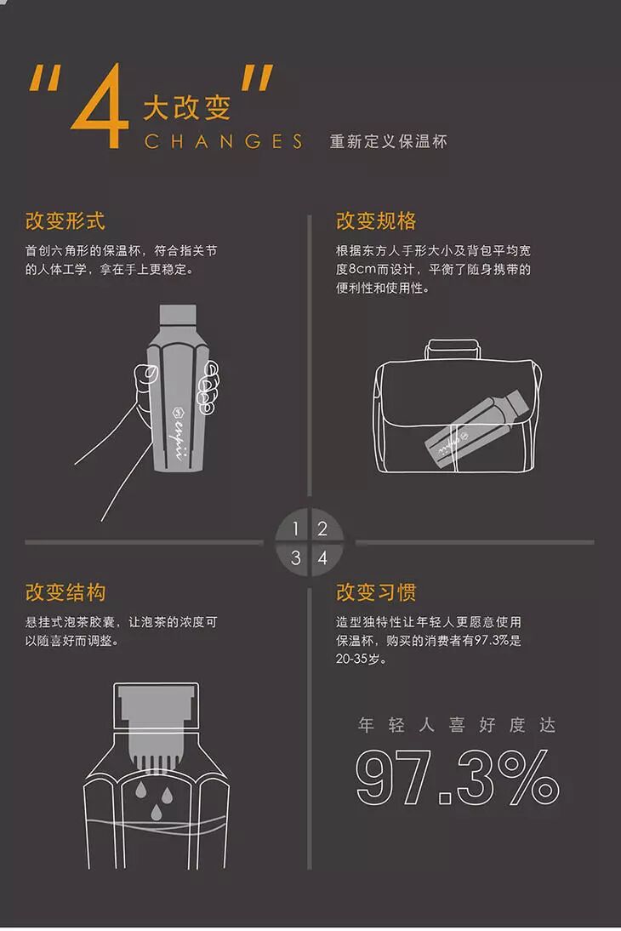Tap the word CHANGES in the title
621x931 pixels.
(x=223, y=142)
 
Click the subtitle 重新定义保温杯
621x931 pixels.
(x=388, y=142)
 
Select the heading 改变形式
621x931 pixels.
(x=66, y=221)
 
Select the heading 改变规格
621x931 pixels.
(x=376, y=221)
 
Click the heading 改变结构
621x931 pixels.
(x=66, y=592)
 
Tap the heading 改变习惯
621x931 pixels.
(x=376, y=592)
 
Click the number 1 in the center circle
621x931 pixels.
(x=296, y=528)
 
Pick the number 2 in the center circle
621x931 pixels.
(x=322, y=528)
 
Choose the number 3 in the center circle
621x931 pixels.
(x=296, y=558)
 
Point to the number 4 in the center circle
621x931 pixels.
(x=322, y=558)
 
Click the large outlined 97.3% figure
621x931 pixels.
(x=457, y=777)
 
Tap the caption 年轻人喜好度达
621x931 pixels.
(x=457, y=725)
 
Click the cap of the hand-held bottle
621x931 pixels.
(x=178, y=315)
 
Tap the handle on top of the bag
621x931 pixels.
(x=453, y=347)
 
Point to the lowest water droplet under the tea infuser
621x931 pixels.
(x=156, y=812)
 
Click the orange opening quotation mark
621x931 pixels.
(x=44, y=77)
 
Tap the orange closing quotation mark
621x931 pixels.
(x=256, y=77)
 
